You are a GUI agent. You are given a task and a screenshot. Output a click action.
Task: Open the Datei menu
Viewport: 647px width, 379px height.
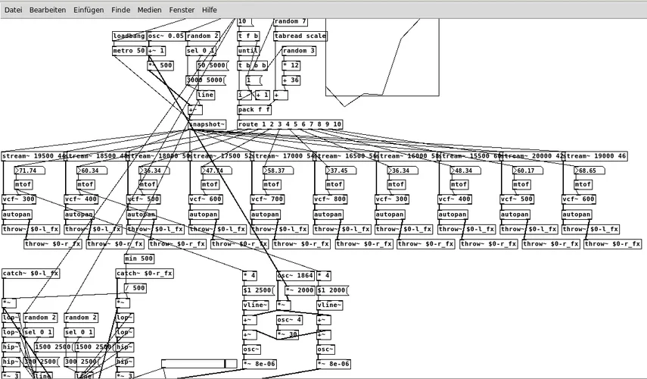(x=14, y=10)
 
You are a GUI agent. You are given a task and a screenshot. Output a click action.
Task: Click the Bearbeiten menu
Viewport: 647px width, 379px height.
(x=48, y=10)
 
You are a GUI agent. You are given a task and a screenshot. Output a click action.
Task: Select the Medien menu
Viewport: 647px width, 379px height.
(x=149, y=10)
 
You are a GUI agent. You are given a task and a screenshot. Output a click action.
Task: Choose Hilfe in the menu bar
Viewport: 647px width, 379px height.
(x=210, y=10)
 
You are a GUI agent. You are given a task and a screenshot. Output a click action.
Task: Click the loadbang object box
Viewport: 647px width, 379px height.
(x=129, y=36)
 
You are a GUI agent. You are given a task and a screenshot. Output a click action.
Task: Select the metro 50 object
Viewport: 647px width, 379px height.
(x=129, y=51)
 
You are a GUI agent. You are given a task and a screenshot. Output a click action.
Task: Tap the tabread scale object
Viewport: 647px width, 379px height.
(x=300, y=36)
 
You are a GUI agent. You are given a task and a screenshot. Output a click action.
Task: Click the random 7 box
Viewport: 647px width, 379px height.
(x=291, y=22)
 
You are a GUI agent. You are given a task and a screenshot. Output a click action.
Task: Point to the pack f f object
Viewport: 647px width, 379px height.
(x=254, y=110)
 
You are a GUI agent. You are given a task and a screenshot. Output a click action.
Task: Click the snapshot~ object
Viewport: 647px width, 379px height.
(x=207, y=124)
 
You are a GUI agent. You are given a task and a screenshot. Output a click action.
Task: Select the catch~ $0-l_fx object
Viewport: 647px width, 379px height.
(x=31, y=274)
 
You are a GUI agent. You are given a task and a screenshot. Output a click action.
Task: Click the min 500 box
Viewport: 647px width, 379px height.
(x=139, y=258)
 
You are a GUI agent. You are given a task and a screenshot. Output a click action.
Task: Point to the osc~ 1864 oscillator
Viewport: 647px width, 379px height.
(x=295, y=276)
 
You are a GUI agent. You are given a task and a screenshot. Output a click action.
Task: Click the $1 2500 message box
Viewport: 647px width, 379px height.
(x=257, y=290)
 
